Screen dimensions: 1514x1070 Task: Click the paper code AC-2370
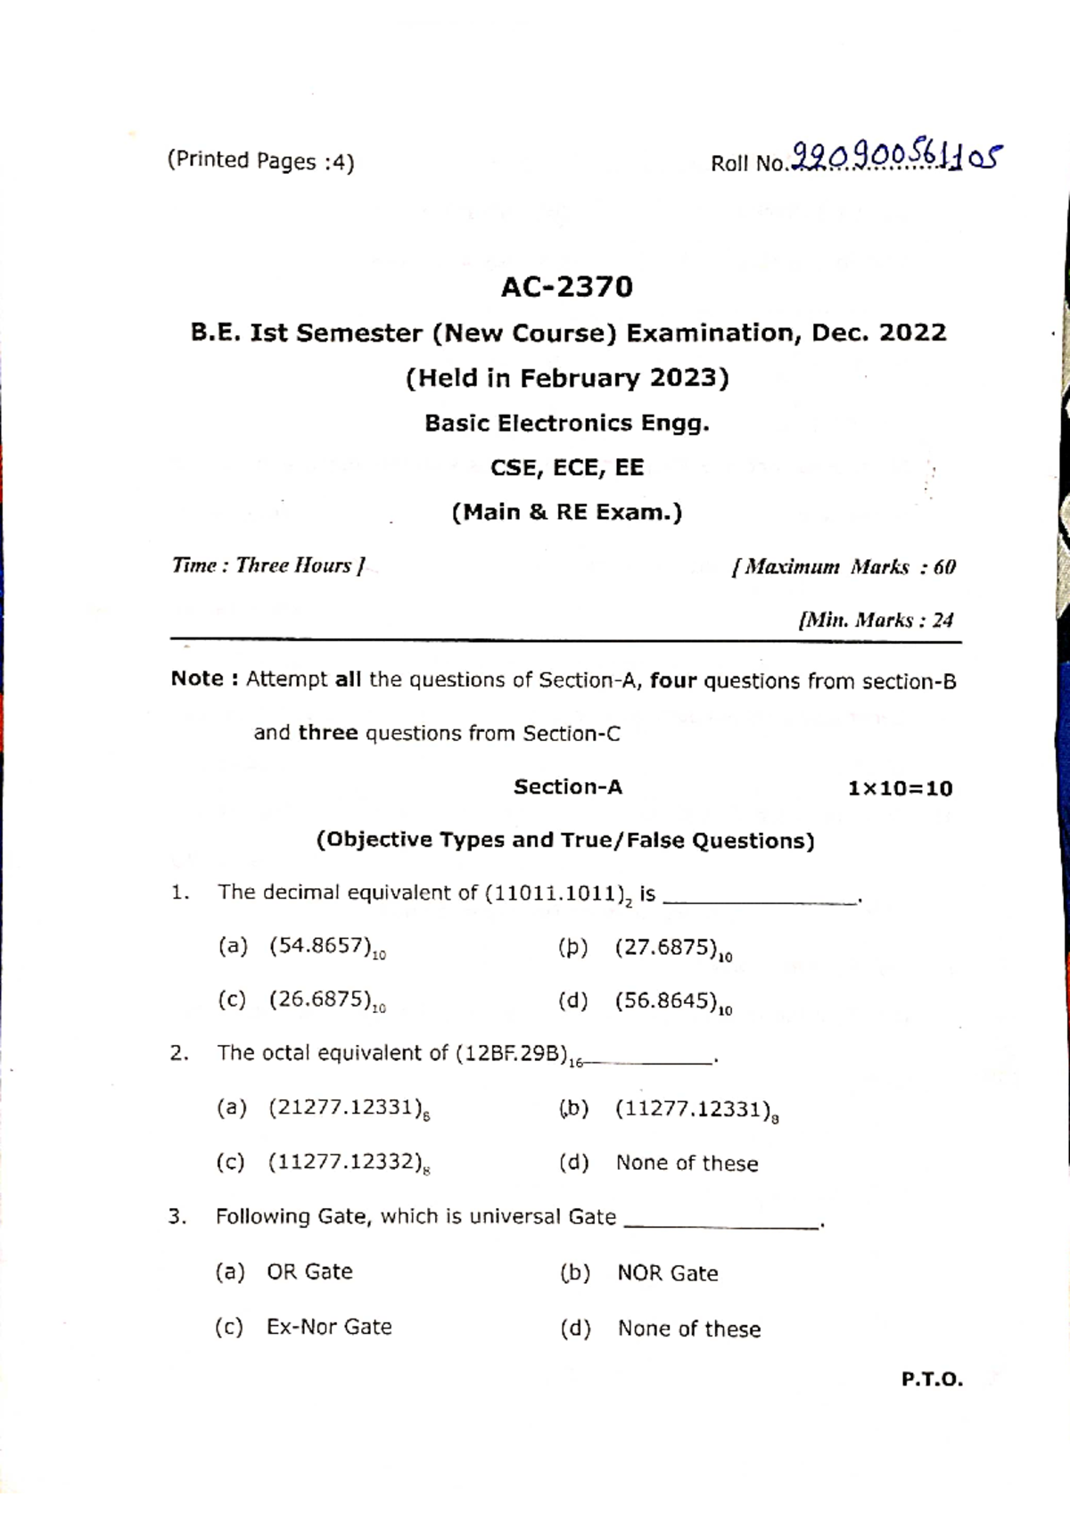pyautogui.click(x=567, y=287)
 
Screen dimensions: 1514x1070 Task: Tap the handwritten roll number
pyautogui.click(x=896, y=159)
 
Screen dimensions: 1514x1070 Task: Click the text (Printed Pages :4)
pyautogui.click(x=260, y=161)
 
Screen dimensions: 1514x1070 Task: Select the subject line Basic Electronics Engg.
pyautogui.click(x=567, y=423)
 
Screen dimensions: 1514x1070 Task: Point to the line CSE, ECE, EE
pyautogui.click(x=567, y=467)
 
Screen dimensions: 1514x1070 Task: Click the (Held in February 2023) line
pyautogui.click(x=567, y=378)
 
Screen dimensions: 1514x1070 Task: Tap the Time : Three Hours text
pyautogui.click(x=268, y=566)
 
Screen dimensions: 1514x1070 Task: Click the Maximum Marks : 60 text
pyautogui.click(x=844, y=567)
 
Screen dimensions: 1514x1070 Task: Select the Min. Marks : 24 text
pyautogui.click(x=877, y=620)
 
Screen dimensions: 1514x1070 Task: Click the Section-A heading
pyautogui.click(x=567, y=787)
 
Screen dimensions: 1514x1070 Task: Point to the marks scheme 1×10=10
pyautogui.click(x=900, y=788)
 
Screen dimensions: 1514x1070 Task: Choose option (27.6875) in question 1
pyautogui.click(x=669, y=949)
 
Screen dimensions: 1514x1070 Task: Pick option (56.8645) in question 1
pyautogui.click(x=669, y=1002)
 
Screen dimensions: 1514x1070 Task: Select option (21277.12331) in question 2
pyautogui.click(x=347, y=1109)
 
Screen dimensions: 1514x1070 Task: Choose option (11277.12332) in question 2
pyautogui.click(x=347, y=1163)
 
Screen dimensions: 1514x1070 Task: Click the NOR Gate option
pyautogui.click(x=667, y=1273)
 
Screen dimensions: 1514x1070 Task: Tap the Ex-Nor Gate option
pyautogui.click(x=329, y=1327)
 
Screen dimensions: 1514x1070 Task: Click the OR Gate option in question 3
pyautogui.click(x=309, y=1271)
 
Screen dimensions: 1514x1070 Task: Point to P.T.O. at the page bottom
pyautogui.click(x=932, y=1380)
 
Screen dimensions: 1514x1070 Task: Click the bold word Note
pyautogui.click(x=198, y=679)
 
